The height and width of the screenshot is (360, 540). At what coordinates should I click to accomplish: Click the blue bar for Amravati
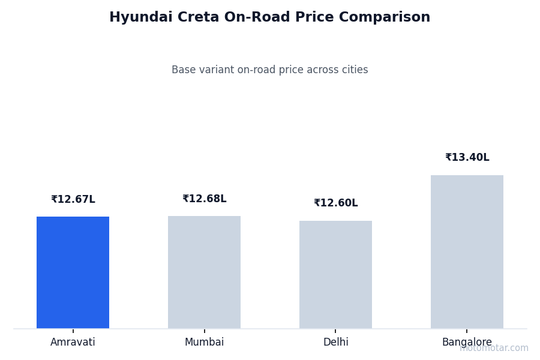(73, 272)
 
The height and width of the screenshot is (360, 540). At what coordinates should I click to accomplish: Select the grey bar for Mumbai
(204, 272)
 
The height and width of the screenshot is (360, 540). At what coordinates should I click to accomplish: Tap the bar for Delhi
(335, 275)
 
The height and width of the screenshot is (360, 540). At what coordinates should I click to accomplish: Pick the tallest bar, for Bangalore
(467, 252)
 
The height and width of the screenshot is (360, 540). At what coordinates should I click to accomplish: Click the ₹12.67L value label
(73, 200)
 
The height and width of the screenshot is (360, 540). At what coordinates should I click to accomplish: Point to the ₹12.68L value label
(204, 199)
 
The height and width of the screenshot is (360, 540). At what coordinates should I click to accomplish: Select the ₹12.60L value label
(335, 203)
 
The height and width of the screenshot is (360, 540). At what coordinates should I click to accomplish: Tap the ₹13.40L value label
(467, 158)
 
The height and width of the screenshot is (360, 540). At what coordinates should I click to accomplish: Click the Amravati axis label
(73, 343)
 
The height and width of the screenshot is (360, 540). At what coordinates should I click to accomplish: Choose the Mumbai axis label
(204, 343)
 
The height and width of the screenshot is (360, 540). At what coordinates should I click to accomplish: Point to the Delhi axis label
(335, 343)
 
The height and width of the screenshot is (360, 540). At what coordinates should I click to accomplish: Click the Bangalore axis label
(467, 343)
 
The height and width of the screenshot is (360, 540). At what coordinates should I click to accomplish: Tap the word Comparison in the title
(391, 18)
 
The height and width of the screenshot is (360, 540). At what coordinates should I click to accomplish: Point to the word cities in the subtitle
(354, 70)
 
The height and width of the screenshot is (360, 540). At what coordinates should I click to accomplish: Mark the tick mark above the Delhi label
(335, 331)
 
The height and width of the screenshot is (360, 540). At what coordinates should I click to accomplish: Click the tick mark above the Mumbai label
(204, 331)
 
